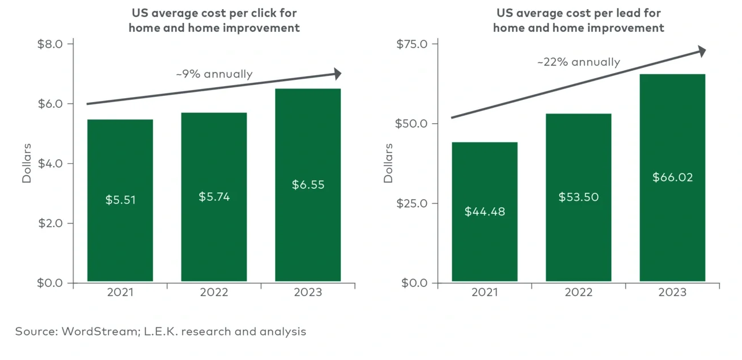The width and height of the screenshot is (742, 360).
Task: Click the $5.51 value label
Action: click(120, 200)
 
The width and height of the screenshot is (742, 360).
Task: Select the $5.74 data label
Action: click(214, 197)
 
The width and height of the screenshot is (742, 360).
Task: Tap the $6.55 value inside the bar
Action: click(308, 185)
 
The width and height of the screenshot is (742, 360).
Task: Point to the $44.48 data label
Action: click(485, 212)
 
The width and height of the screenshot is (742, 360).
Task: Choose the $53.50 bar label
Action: click(578, 197)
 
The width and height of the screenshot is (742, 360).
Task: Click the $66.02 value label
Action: click(672, 177)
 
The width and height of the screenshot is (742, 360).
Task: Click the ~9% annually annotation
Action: click(214, 74)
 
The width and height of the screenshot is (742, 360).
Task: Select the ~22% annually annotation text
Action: click(578, 62)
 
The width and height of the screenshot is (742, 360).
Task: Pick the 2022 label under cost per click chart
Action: click(214, 293)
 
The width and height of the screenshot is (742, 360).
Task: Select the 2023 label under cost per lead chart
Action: click(672, 293)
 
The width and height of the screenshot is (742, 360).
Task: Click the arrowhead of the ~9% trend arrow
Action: click(338, 74)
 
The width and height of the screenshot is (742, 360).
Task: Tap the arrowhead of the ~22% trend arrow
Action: click(702, 51)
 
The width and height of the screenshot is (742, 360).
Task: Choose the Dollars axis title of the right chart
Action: click(389, 163)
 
